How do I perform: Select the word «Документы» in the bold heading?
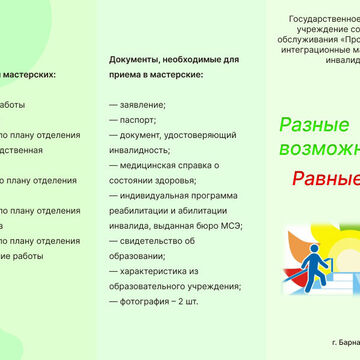139,60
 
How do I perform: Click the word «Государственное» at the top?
324,19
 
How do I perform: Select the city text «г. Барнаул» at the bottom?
345,343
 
